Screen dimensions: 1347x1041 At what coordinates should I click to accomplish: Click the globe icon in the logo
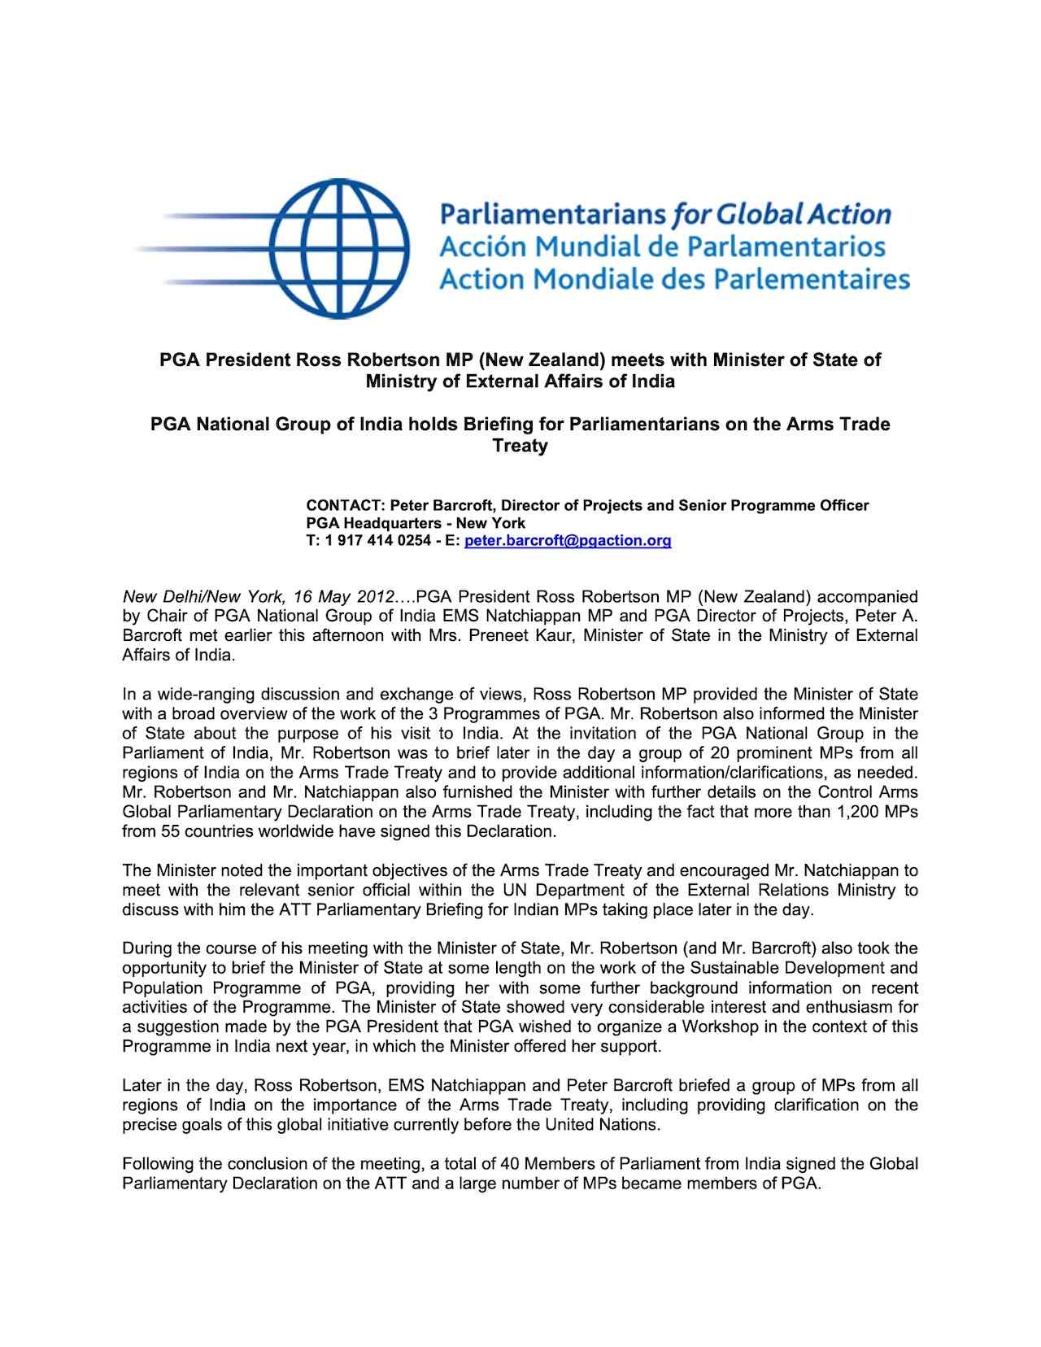click(x=340, y=248)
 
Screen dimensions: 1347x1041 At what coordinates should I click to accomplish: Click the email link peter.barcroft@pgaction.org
click(x=567, y=541)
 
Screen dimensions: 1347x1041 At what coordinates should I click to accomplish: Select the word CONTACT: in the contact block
click(x=339, y=505)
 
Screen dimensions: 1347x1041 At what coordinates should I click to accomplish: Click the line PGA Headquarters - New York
click(x=416, y=523)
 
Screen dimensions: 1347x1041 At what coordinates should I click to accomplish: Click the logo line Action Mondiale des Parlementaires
click(x=673, y=279)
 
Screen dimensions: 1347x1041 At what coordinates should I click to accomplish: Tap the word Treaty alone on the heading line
click(x=520, y=446)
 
